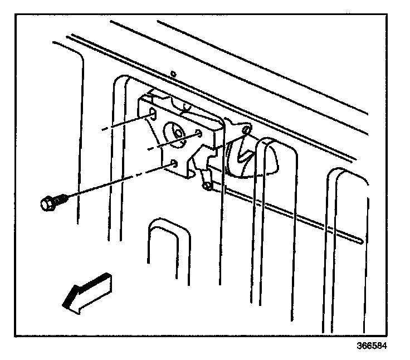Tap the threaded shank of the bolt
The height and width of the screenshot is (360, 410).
coord(61,197)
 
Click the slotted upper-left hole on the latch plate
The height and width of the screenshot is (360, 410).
coord(152,114)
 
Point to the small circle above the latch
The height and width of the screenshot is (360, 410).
coord(173,73)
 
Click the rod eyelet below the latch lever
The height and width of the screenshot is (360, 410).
coord(207,186)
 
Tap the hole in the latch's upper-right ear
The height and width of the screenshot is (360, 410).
coord(245,130)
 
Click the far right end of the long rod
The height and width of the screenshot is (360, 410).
coord(362,241)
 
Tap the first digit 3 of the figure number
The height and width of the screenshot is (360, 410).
coord(360,345)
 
